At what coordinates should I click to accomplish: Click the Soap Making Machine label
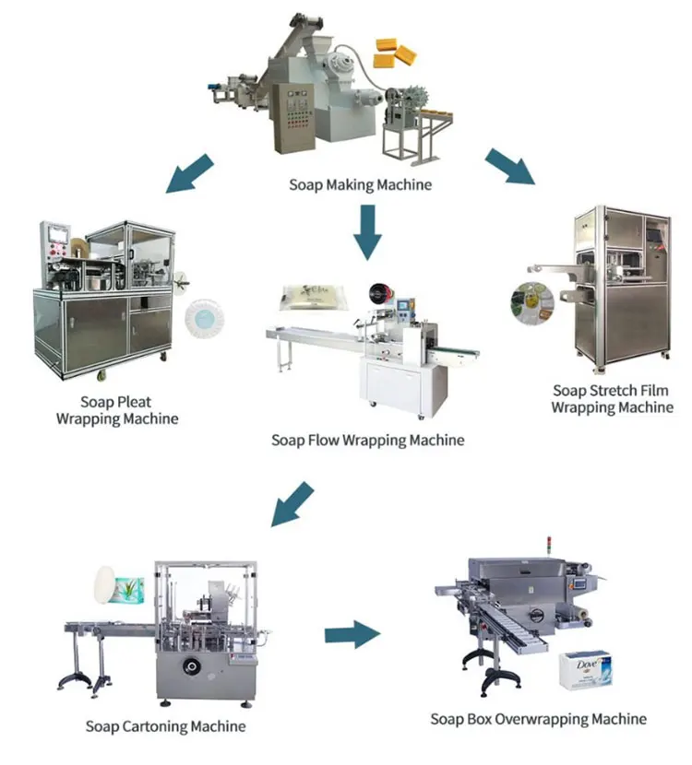[360, 184]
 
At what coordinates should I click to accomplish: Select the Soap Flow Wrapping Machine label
[367, 440]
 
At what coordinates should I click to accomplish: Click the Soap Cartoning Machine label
[165, 726]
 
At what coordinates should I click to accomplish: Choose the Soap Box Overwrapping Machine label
[538, 719]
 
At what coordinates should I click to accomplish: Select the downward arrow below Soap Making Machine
[368, 230]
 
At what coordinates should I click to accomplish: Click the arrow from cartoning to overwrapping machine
[352, 633]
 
